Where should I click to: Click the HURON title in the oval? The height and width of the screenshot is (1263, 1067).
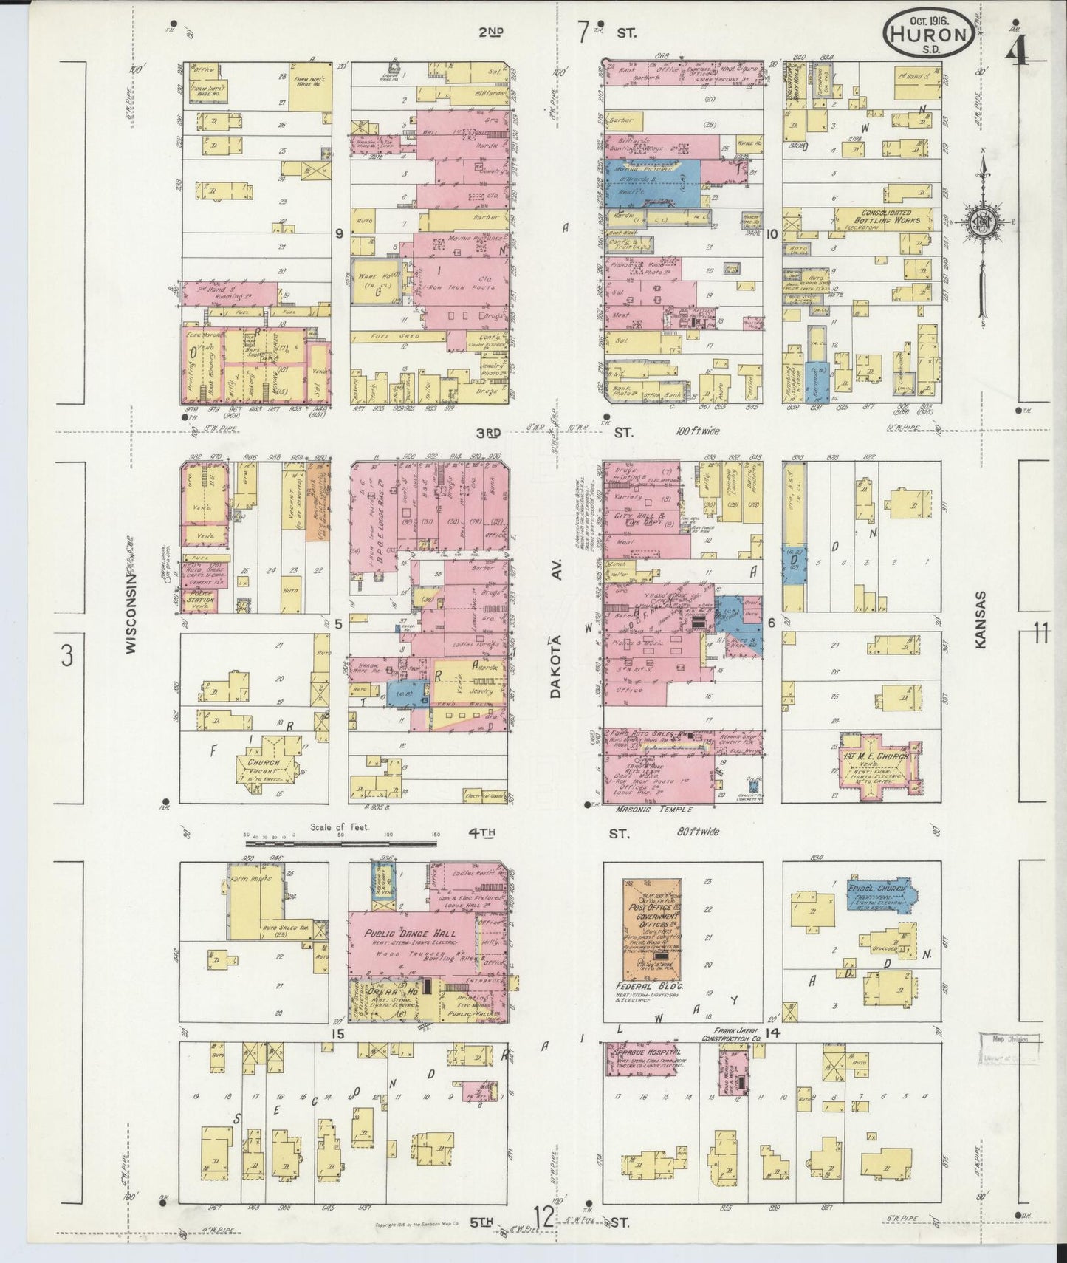[x=928, y=33]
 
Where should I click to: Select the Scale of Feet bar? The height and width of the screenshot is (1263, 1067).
[x=340, y=842]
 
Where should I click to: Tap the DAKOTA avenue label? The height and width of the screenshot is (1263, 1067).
[x=555, y=665]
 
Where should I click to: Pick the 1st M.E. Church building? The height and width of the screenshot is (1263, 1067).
[x=876, y=767]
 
